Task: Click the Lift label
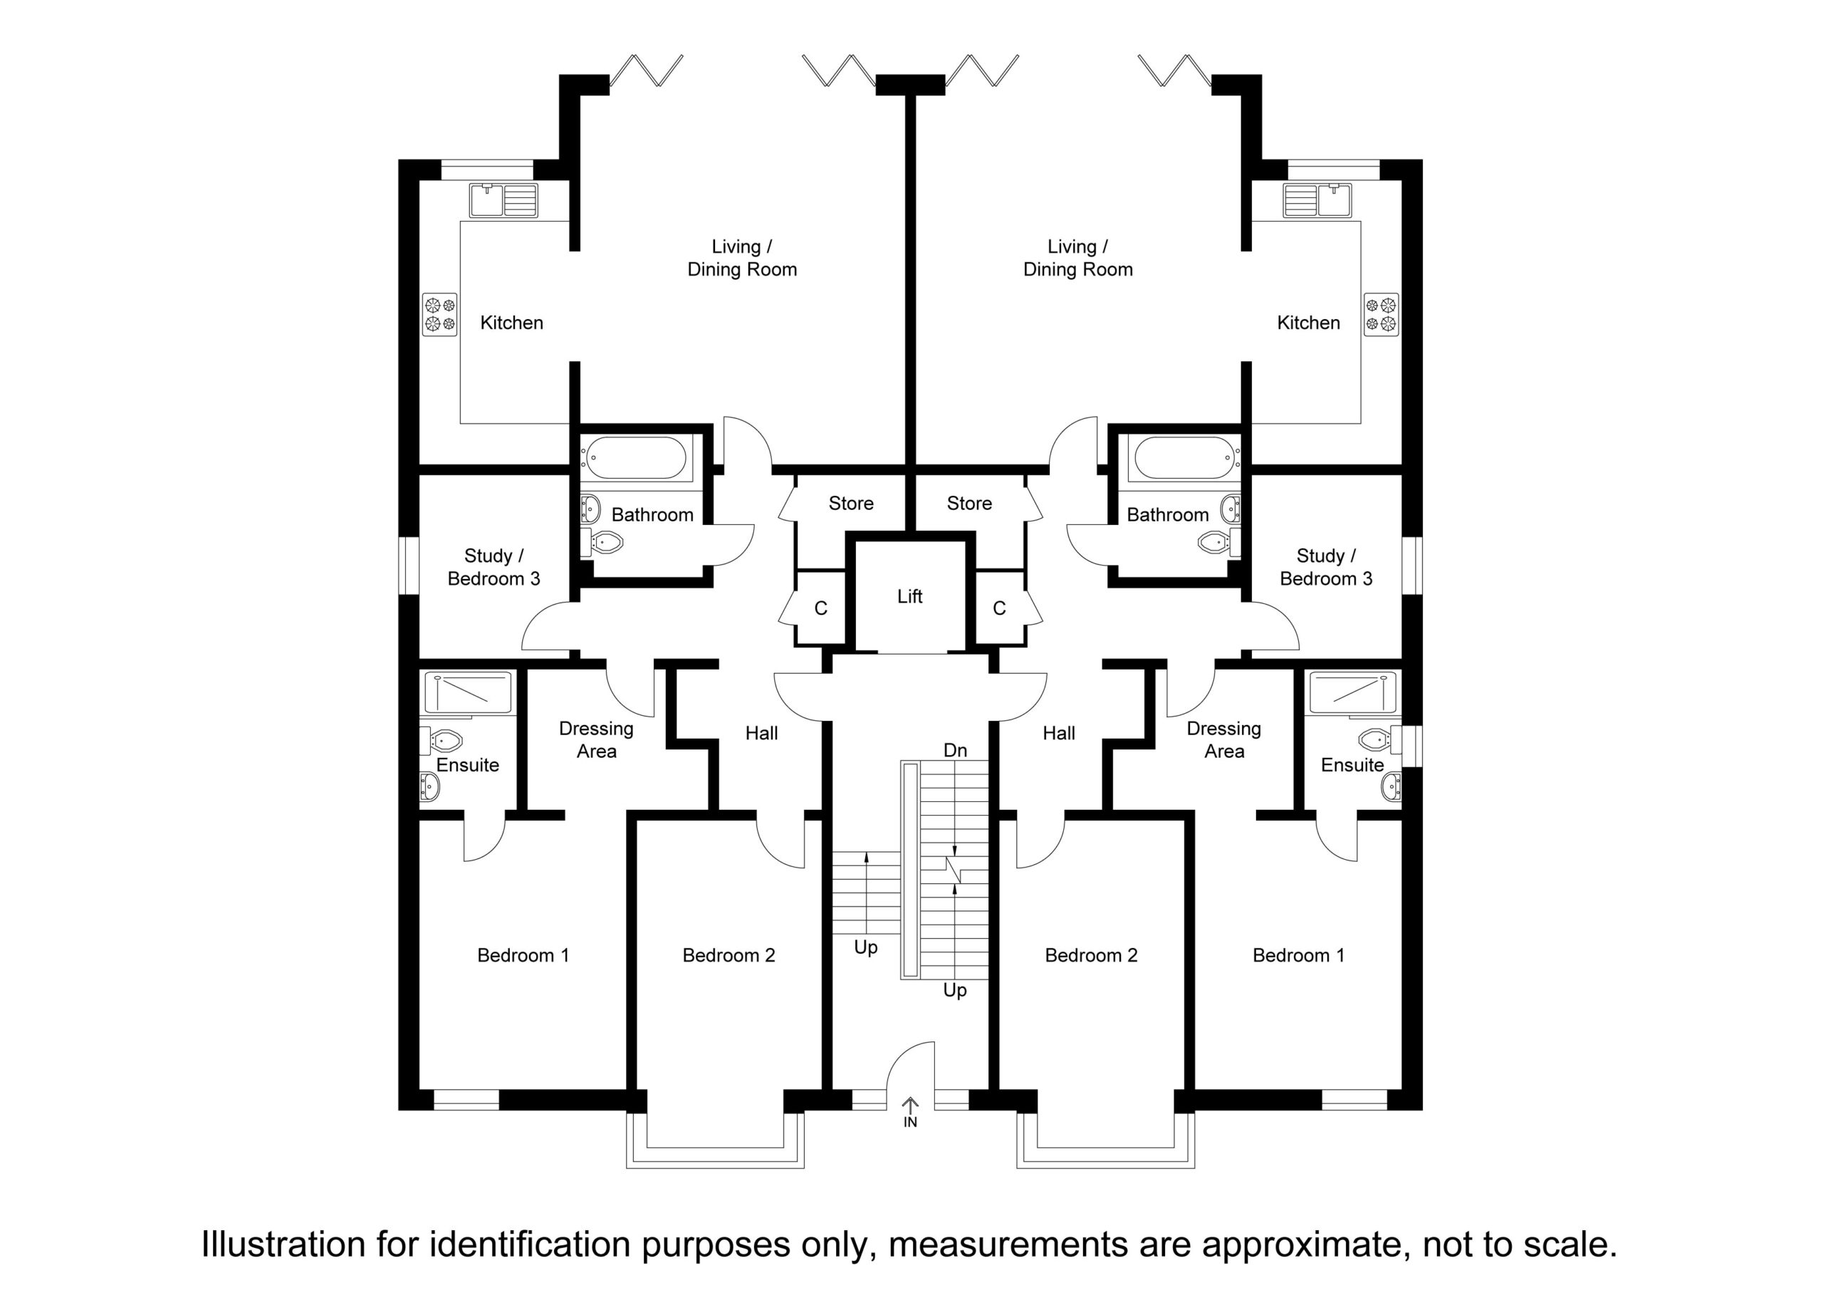(910, 595)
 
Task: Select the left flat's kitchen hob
(440, 315)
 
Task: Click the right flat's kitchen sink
(1317, 200)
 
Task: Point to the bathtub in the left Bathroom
(634, 457)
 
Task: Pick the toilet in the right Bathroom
(1216, 543)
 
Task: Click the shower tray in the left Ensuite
(468, 692)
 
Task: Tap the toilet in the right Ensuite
(1380, 739)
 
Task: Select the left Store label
(851, 503)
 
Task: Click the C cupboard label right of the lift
(1000, 608)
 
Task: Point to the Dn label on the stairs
(955, 751)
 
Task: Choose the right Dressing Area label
(1223, 739)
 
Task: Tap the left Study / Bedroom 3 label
(494, 567)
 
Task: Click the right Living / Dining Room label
(1077, 258)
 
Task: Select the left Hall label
(761, 733)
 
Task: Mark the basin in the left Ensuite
(429, 787)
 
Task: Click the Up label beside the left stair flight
(865, 947)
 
